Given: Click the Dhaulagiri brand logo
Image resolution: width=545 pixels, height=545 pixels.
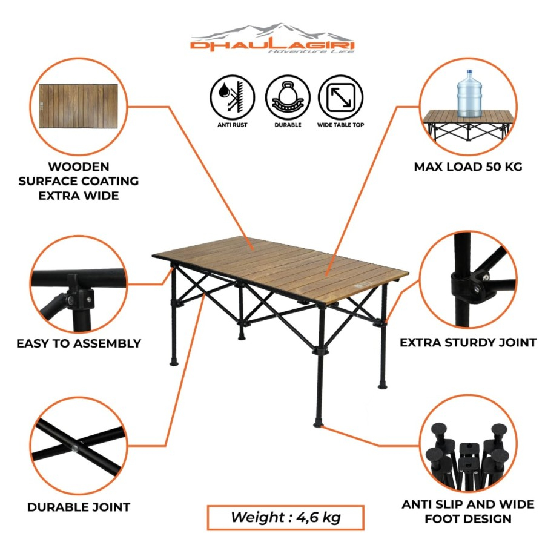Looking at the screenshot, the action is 272,39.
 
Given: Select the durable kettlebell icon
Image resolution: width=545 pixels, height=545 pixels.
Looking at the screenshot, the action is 288,97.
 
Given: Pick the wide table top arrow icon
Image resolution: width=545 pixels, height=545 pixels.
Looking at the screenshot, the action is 340,97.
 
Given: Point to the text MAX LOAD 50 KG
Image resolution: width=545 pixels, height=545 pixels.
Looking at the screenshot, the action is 468,167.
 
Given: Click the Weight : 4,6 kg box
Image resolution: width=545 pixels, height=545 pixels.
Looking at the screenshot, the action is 286,518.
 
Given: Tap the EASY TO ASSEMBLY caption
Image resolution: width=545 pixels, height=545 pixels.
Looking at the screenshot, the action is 79,343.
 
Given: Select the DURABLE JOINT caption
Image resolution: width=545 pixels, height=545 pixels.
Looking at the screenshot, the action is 79,507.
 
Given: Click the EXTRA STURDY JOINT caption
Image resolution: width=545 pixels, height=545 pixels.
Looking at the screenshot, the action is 468,342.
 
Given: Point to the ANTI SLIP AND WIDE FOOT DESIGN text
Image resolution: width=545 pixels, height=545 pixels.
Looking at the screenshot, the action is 468,512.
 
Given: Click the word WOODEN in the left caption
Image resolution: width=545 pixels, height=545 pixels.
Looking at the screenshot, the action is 79,167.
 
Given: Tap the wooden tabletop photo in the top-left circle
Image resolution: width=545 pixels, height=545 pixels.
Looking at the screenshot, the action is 79,106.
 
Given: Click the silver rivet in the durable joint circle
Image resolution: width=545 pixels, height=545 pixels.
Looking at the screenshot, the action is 74,448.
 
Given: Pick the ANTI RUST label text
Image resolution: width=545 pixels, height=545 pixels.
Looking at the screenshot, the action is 232,125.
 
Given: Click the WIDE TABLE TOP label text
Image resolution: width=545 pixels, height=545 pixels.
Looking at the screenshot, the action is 340,125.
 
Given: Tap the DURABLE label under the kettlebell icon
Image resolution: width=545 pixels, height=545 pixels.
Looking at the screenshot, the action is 288,125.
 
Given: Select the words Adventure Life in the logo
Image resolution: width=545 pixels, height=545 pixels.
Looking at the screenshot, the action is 311,51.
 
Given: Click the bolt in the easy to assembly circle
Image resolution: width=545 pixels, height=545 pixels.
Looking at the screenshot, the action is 71,300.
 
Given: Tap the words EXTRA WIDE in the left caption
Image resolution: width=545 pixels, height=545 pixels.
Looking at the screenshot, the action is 79,196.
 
